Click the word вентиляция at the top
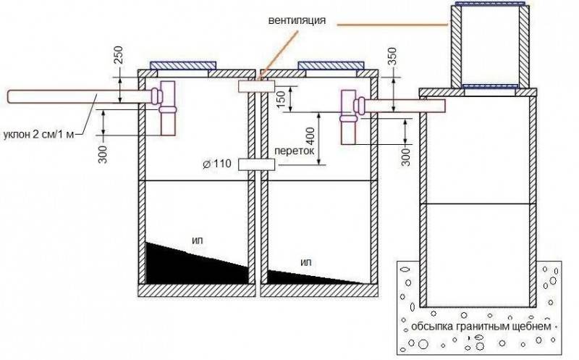[297, 20]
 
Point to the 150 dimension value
[281, 99]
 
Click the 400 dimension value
[310, 136]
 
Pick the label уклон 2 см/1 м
[39, 134]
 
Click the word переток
[295, 151]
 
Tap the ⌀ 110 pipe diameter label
[217, 164]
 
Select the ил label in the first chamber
[198, 240]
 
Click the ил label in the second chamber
[306, 262]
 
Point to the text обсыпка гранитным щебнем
[481, 327]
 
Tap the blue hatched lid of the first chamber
[183, 65]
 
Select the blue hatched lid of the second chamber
[331, 65]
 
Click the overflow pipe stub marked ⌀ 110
[256, 164]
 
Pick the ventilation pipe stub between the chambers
[256, 86]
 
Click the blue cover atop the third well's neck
[490, 4]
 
